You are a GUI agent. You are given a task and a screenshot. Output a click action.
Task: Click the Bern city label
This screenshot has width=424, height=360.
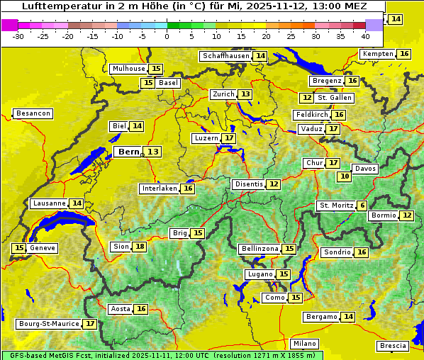coord(128,152)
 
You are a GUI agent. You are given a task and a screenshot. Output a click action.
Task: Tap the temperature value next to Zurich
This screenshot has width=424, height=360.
coord(245,94)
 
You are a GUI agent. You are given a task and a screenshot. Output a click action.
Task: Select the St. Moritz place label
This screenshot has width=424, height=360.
coord(336,206)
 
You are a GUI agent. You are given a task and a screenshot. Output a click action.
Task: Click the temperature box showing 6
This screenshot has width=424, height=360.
coord(362,206)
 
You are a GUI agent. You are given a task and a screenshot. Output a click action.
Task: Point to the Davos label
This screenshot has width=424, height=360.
coord(365,169)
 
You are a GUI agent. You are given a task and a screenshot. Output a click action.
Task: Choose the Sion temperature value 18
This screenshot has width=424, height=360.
coord(140,247)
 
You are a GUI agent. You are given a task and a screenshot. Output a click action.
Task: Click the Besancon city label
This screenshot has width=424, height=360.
coord(33,113)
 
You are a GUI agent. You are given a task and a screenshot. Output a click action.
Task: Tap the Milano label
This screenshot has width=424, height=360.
coord(306,343)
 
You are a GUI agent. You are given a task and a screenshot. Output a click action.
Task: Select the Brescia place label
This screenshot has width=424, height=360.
coord(393,346)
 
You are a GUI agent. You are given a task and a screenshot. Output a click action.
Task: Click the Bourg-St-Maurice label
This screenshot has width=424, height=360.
coord(48,324)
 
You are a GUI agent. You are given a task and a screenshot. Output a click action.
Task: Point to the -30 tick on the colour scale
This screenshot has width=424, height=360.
coord(18,36)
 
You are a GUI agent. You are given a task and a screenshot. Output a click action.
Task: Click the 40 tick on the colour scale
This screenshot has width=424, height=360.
coord(365,36)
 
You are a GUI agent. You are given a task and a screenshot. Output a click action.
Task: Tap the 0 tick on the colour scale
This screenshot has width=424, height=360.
coord(167,36)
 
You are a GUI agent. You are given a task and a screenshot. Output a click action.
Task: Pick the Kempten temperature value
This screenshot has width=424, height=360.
coord(404,54)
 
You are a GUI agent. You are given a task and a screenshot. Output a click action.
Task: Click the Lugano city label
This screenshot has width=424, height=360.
coord(259,274)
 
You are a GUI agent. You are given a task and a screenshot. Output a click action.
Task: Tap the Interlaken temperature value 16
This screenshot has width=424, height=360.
coord(188,189)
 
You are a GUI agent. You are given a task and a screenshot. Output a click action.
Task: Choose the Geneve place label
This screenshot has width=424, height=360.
coord(43,248)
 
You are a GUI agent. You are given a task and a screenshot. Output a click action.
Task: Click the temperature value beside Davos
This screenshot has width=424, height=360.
coord(345,176)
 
